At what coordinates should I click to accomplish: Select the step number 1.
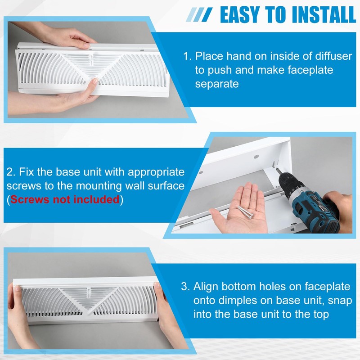coord(186,57)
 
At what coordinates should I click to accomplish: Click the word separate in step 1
coord(216,84)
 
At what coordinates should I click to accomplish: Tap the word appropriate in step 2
coord(148,172)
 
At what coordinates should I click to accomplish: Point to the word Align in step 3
coord(207,287)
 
